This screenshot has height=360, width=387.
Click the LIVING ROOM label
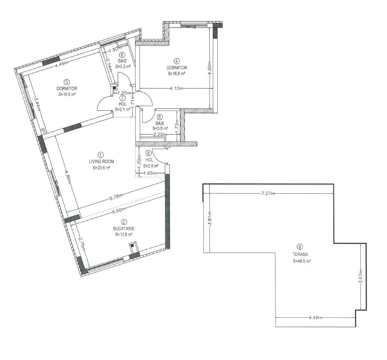point(101,161)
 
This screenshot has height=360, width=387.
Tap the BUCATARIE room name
point(124,229)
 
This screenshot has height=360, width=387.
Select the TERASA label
point(300,254)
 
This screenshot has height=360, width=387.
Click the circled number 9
point(300,246)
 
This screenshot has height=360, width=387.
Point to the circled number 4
point(176,61)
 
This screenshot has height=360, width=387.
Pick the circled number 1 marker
point(101,155)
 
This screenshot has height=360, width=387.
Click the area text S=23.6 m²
point(102,168)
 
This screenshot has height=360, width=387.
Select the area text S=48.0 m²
point(302,261)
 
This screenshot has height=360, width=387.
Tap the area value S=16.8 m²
point(177,73)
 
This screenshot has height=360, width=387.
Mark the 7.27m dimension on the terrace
point(268,193)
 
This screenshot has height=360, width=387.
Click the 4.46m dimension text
point(315,317)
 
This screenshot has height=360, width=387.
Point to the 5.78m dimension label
point(116,197)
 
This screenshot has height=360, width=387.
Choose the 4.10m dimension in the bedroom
point(176,88)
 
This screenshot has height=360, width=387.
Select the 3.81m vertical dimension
point(210,219)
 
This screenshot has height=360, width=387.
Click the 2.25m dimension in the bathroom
point(160,134)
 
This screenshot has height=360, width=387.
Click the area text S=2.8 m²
point(151,166)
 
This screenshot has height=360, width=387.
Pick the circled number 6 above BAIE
point(122,55)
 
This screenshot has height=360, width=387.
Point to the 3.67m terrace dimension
point(361,277)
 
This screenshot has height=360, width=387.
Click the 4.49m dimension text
point(61,64)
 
